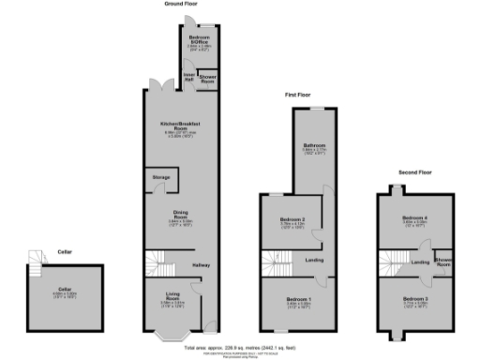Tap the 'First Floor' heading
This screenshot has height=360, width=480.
[x=299, y=96]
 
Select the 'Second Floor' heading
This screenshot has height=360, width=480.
[x=414, y=172]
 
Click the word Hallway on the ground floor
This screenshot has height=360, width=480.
[x=202, y=267]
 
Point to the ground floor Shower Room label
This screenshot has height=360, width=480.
[x=208, y=78]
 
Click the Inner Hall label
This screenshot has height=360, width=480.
[x=188, y=78]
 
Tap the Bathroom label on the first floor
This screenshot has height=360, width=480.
[x=313, y=145]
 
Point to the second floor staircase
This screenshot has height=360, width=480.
[x=390, y=263]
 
